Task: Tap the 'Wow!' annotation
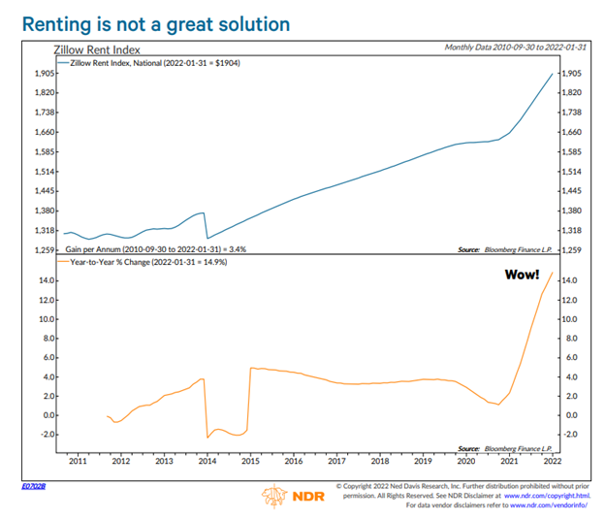tap(522, 275)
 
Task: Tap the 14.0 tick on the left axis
tap(44, 281)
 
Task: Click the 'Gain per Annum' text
tap(155, 250)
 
